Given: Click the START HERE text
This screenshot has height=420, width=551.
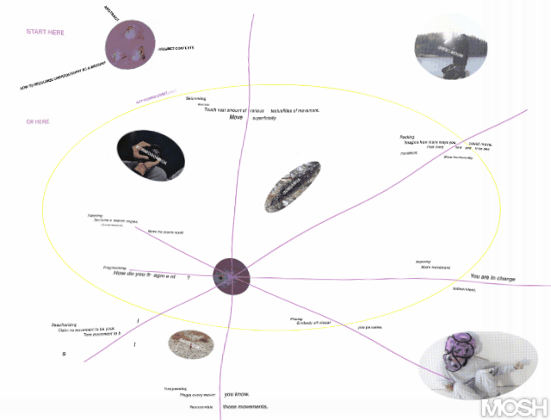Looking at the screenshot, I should (x=46, y=32).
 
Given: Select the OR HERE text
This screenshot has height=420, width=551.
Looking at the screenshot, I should (x=39, y=121).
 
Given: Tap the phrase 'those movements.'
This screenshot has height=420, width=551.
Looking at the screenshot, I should (x=245, y=406).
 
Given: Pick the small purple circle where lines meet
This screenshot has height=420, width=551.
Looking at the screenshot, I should (x=231, y=275).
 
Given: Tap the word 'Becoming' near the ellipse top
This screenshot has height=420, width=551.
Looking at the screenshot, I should (x=195, y=98).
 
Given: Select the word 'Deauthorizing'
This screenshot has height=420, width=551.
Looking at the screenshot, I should (x=67, y=325).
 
